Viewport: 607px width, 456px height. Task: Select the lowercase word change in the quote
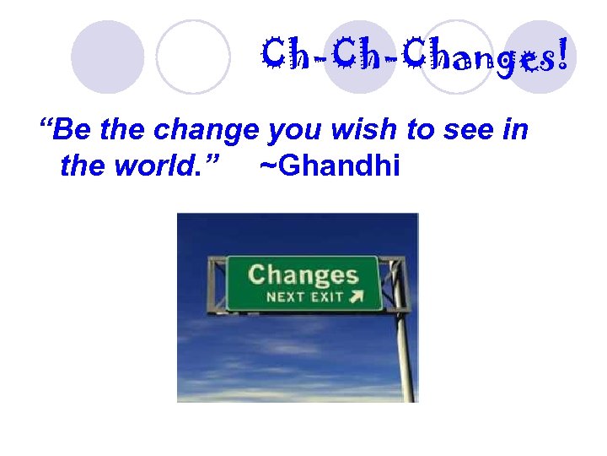[207, 131]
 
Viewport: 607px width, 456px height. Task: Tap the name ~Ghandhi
[329, 166]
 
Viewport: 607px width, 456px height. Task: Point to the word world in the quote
[159, 166]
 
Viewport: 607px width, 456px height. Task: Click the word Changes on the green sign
[303, 275]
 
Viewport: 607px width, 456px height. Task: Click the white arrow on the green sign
[357, 296]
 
